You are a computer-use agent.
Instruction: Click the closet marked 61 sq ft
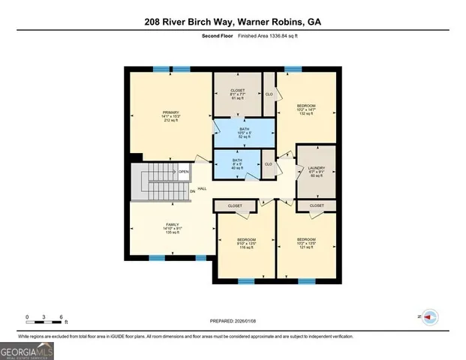237,94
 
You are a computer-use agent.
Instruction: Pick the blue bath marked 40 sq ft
237,163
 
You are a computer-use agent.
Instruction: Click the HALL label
202,190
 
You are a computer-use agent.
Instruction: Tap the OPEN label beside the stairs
183,172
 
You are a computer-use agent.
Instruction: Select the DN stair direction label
192,190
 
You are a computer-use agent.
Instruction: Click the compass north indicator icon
430,317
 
